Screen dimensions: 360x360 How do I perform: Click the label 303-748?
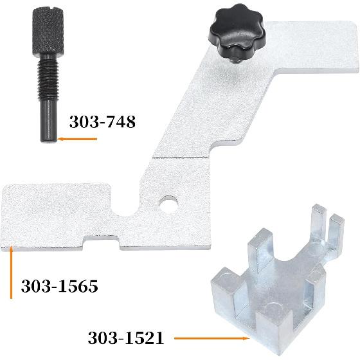pos(102,122)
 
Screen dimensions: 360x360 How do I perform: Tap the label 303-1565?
pos(59,286)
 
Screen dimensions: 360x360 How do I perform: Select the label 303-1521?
pos(126,338)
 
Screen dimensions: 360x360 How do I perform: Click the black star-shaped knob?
pos(238,31)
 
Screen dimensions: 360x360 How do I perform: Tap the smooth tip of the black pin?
pos(49,122)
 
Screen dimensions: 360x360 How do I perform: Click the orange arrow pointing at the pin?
pos(77,139)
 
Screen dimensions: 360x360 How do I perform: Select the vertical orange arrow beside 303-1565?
pos(11,272)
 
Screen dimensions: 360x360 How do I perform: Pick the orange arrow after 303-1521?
pos(212,338)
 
